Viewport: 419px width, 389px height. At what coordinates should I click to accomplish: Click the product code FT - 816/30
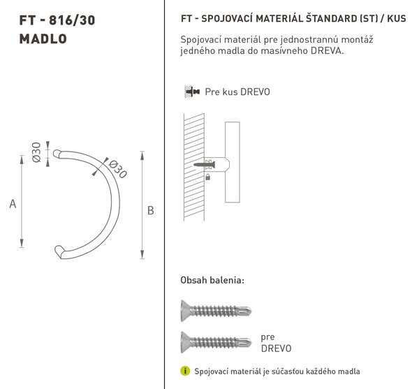point(57,20)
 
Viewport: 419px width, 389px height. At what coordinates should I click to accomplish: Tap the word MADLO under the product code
point(43,38)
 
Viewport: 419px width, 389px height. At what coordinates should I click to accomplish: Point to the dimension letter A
point(13,204)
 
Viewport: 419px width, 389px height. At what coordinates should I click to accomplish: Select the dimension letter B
point(150,210)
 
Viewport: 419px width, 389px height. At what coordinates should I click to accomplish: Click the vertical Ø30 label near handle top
point(36,152)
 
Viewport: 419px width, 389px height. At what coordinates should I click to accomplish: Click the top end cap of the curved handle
point(57,154)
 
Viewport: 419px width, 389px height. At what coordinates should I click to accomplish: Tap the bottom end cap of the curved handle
point(59,251)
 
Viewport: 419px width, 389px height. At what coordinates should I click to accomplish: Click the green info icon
point(185,371)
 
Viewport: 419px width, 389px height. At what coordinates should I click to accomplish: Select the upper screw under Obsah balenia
point(216,311)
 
